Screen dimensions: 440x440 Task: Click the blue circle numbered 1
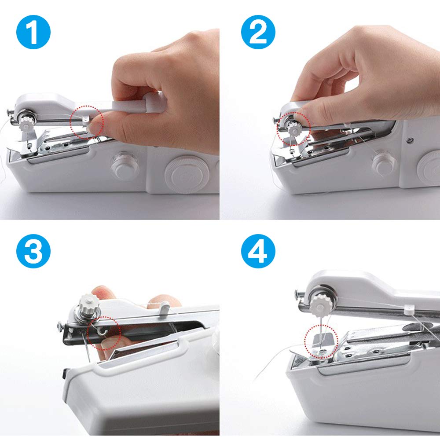coord(33,32)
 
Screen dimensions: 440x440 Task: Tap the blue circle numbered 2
coord(258,32)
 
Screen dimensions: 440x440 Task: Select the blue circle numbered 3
coord(33,251)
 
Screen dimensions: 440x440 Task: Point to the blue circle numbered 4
coord(258,251)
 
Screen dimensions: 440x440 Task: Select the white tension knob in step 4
coord(320,305)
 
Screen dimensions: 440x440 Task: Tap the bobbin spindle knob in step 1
coord(125,166)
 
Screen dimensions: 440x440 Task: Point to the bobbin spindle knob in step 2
coord(384,165)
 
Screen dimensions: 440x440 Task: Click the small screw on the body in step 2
coord(410,139)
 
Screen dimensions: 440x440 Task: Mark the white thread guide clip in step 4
coord(409,309)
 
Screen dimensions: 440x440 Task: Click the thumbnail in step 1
coord(95,128)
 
